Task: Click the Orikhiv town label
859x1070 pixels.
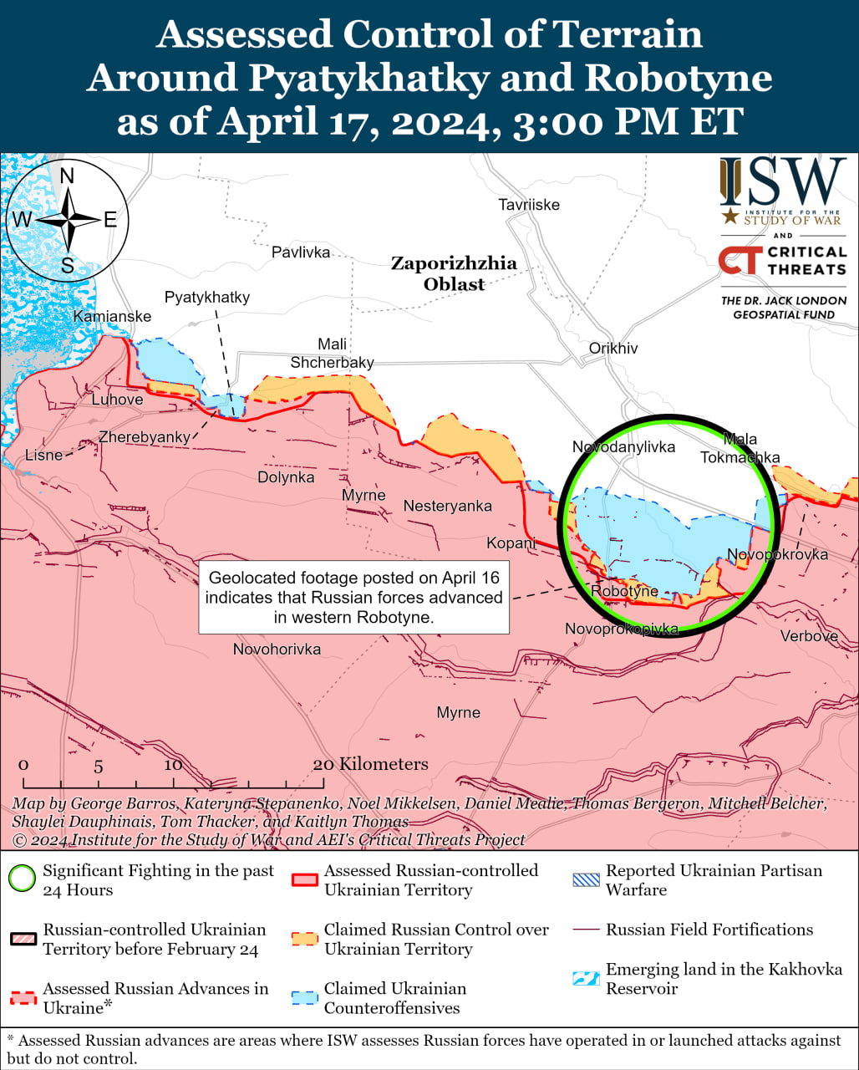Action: pos(613,348)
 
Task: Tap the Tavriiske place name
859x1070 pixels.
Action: pos(528,205)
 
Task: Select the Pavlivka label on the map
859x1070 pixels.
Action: pos(301,252)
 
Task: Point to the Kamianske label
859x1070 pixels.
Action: pos(113,316)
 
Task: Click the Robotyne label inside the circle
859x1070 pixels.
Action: pos(624,591)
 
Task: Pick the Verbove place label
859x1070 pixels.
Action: pos(809,636)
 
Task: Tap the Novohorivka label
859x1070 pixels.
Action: pos(277,649)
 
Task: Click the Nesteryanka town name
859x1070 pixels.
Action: pos(447,506)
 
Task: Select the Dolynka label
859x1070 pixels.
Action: pos(286,477)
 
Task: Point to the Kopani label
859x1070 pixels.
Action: pos(511,543)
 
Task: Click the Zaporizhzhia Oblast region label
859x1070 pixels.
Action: pos(454,273)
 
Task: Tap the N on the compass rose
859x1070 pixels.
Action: pos(68,176)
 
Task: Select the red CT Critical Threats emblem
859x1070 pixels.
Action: pos(739,260)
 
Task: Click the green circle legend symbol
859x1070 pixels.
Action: pos(22,879)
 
